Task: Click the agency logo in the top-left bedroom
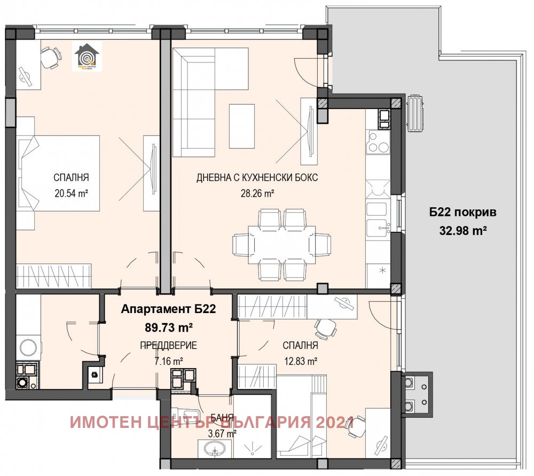click(86, 57)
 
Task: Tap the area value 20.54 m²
click(70, 193)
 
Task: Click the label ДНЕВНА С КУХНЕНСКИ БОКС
click(257, 178)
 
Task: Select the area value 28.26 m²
click(257, 193)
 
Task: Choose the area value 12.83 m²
click(301, 361)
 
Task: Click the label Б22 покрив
click(463, 212)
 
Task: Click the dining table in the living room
click(273, 244)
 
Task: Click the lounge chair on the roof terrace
click(415, 113)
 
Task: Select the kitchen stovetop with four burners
click(378, 143)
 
